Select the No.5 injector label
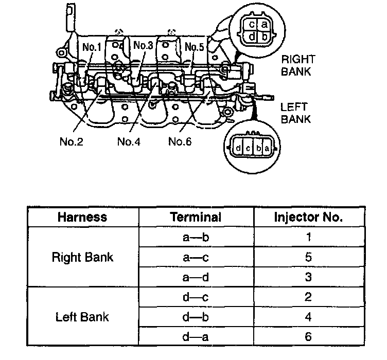[x=194, y=47]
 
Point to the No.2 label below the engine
[x=71, y=141]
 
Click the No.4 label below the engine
[x=129, y=141]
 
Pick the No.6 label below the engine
[x=180, y=141]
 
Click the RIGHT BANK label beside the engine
[x=297, y=66]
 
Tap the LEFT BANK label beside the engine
[x=294, y=113]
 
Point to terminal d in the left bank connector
[x=239, y=149]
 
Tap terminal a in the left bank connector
[x=267, y=149]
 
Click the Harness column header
[x=82, y=217]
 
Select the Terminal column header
[x=196, y=217]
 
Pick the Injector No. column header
[x=308, y=217]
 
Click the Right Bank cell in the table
[x=82, y=257]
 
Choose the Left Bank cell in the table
[x=82, y=317]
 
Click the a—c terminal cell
[x=196, y=257]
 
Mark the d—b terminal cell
[x=196, y=317]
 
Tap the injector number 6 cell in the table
[x=308, y=336]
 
